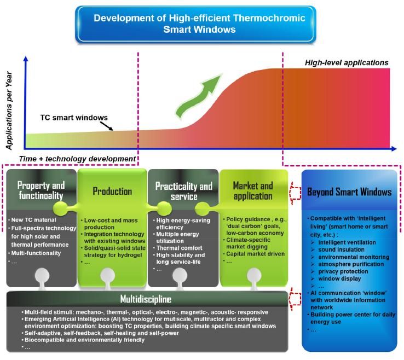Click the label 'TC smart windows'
[73, 117]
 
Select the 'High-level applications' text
[347, 63]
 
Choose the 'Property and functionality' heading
[41, 190]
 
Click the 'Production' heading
[112, 191]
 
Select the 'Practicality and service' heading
[183, 191]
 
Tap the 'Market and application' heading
[252, 190]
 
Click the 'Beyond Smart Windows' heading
[349, 192]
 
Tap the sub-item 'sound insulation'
[341, 248]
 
